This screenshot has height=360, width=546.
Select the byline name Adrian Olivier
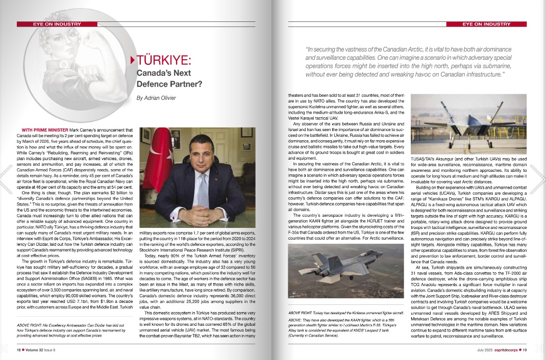(x=156, y=98)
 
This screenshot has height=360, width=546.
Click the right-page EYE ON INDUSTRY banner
(x=486, y=24)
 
